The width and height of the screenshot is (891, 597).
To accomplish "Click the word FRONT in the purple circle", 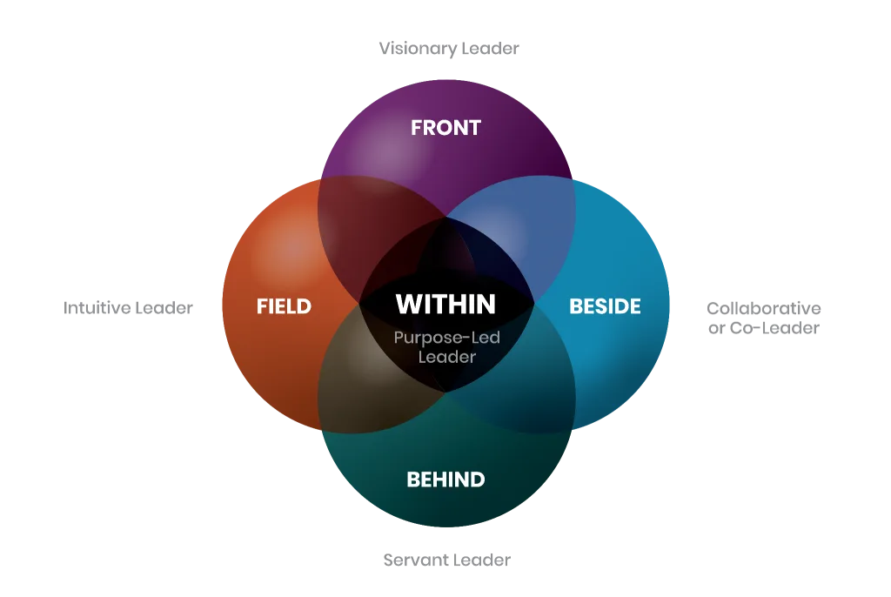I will tap(445, 128).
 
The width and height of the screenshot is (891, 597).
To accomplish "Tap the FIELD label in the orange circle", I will tap(284, 306).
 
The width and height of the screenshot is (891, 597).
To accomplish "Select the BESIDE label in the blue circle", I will tap(605, 306).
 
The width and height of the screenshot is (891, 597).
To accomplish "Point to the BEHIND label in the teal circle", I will tap(445, 480).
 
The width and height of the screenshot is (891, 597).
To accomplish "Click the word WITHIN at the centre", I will tap(445, 304).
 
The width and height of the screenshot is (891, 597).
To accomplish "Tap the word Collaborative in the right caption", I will tap(763, 308).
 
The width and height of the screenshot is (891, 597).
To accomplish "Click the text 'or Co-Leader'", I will tap(763, 328).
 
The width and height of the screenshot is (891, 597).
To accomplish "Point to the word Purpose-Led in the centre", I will tap(446, 338).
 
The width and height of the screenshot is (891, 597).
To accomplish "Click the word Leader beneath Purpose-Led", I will tap(446, 357).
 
